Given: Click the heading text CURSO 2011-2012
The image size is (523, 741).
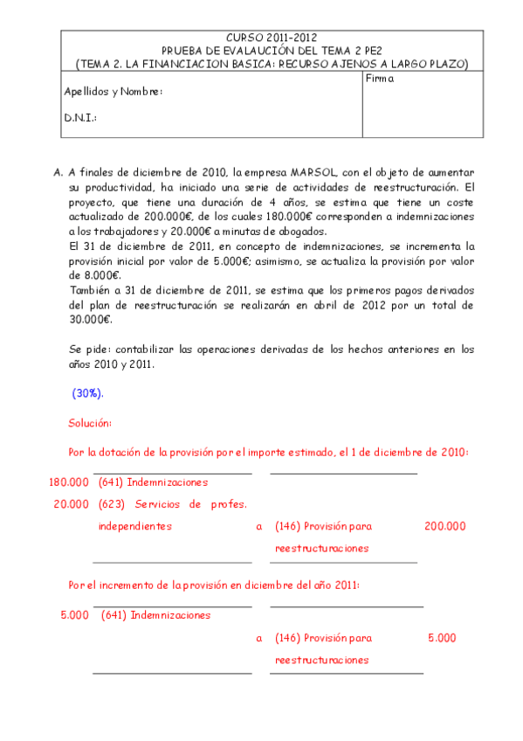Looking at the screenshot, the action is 272,38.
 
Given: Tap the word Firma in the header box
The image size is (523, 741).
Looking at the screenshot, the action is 381,79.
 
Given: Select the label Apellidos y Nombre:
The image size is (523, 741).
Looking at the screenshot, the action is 114,92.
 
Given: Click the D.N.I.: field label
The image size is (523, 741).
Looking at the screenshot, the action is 80,117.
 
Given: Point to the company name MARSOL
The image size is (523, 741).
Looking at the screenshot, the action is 312,171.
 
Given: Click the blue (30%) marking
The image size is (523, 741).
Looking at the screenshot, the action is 87,393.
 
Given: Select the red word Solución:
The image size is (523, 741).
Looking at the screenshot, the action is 90,423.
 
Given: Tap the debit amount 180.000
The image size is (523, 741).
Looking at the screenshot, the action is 69,482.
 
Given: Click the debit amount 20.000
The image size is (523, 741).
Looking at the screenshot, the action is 72,504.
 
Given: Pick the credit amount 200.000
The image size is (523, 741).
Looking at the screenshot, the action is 444,526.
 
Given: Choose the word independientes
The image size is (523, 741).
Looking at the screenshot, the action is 134,526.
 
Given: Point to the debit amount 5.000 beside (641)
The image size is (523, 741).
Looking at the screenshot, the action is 75,615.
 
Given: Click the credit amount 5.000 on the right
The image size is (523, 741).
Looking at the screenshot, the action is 442,638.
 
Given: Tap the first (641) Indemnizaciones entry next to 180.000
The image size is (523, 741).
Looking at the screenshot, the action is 154,482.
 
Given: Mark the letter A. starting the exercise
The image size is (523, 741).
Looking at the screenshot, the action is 58,172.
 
